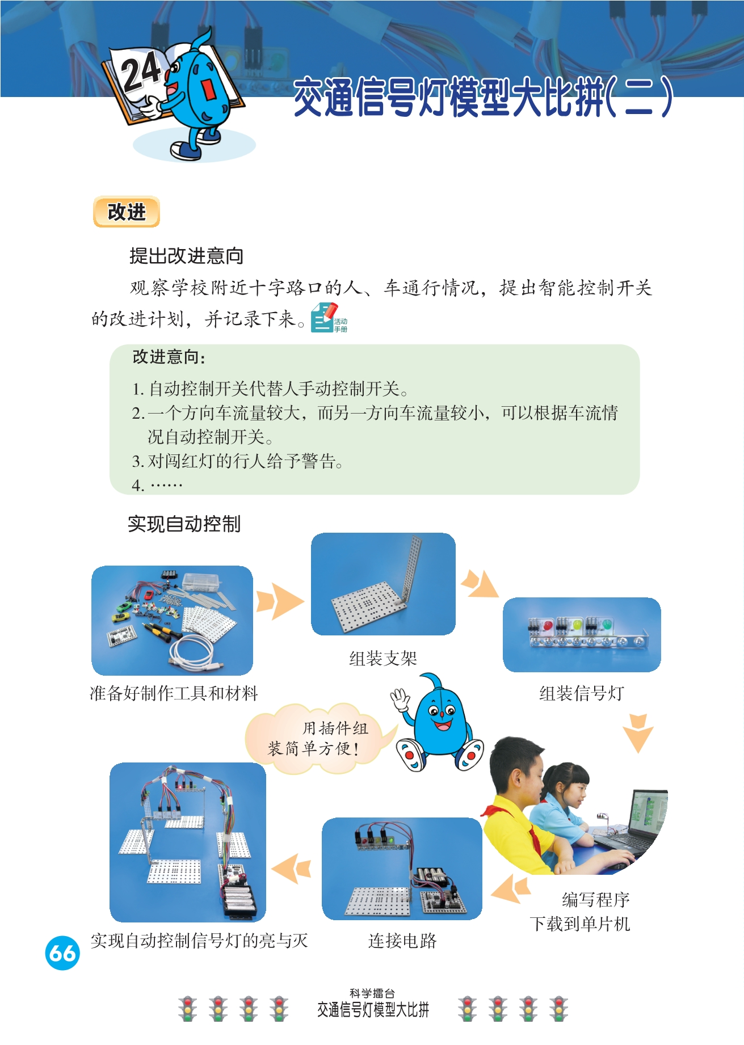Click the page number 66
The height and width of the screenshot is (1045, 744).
(62, 953)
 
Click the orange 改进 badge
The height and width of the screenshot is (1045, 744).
(127, 212)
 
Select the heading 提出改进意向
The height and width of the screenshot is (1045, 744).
(186, 256)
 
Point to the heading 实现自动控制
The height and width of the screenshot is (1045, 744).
(184, 524)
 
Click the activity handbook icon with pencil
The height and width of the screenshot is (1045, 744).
(329, 318)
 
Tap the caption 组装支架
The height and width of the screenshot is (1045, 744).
(383, 659)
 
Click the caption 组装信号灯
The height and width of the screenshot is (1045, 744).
(582, 693)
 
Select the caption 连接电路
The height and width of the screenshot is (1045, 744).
(402, 941)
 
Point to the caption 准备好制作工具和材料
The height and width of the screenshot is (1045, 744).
(174, 693)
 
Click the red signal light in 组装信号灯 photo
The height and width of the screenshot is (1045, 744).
(548, 625)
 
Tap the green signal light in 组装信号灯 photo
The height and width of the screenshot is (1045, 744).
(606, 625)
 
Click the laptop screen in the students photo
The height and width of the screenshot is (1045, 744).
(649, 812)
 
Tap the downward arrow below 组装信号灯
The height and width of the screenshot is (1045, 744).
(638, 733)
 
